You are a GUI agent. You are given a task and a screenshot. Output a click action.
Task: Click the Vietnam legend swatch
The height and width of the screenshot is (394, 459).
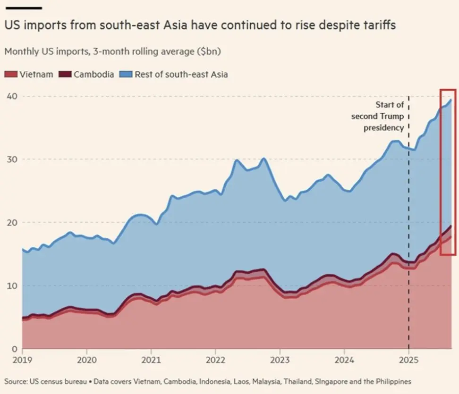pyautogui.click(x=10, y=75)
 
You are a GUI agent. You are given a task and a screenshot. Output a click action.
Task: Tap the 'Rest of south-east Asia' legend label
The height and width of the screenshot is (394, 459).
pyautogui.click(x=181, y=75)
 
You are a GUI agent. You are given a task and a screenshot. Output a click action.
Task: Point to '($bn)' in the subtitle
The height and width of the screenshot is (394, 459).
pyautogui.click(x=208, y=51)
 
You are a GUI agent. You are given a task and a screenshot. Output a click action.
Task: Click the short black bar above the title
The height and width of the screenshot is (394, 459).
pyautogui.click(x=23, y=8)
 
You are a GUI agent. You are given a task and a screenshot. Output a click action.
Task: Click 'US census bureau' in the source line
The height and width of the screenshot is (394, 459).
pyautogui.click(x=57, y=381)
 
